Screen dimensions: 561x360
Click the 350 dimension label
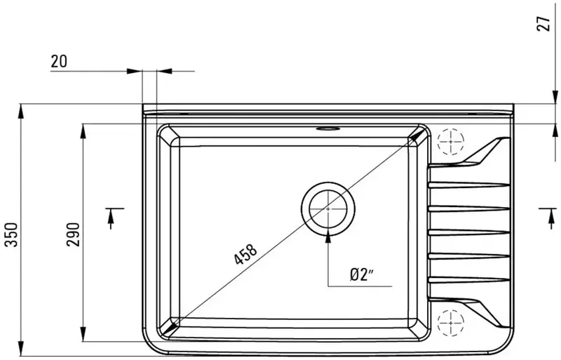(x=12, y=234)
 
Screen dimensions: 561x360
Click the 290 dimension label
(x=74, y=234)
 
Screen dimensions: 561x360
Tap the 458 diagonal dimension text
(x=245, y=254)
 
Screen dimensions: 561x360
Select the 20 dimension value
(x=59, y=61)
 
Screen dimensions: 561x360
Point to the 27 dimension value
(x=544, y=24)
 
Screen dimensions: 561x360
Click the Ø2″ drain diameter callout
(x=362, y=275)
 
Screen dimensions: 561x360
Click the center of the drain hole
(x=328, y=208)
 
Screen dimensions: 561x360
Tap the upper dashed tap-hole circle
(x=451, y=142)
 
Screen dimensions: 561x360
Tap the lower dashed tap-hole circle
(x=451, y=323)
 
